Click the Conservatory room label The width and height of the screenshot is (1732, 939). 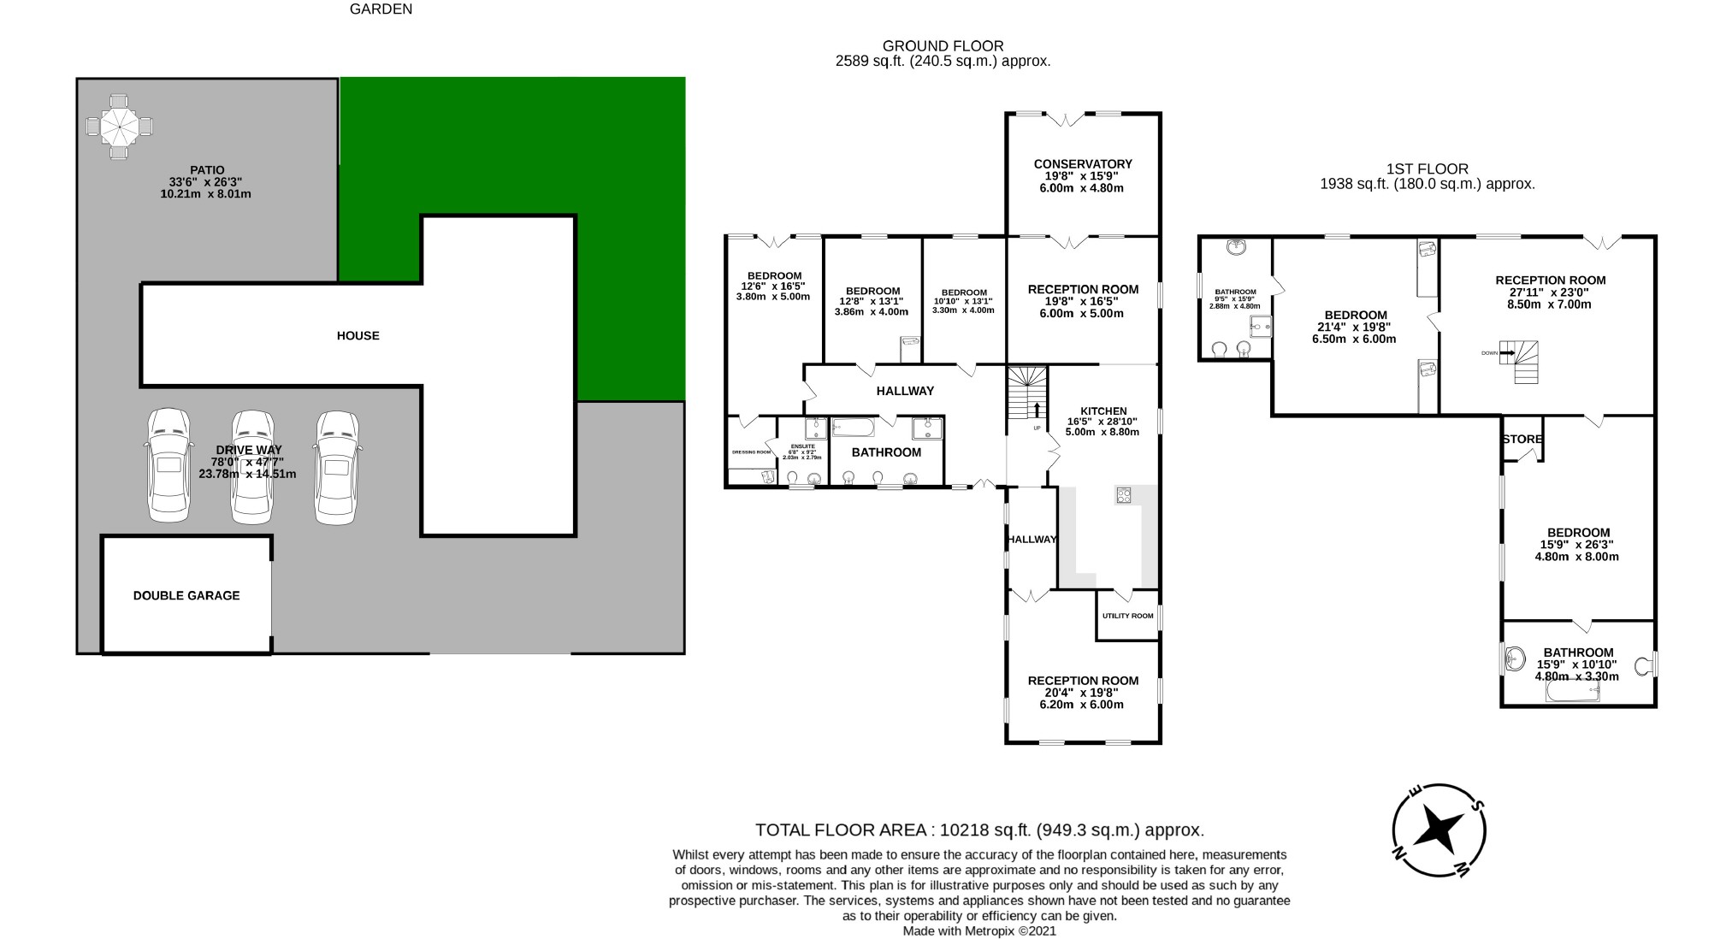pos(1082,164)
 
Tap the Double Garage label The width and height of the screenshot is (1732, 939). pos(186,596)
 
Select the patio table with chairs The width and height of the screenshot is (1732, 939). pos(120,127)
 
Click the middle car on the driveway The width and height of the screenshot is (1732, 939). pos(253,466)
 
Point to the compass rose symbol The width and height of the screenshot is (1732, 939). pos(1439,830)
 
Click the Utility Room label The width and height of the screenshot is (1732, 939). pos(1127,616)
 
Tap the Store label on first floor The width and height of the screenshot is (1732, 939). pos(1522,440)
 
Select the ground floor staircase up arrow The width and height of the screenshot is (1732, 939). pos(1037,410)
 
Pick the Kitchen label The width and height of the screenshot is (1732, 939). pos(1103,411)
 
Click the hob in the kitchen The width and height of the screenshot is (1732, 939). pos(1124,495)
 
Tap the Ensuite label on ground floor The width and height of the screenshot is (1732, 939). pos(803,446)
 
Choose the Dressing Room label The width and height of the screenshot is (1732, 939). pos(751,452)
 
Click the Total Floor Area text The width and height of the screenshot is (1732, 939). pos(979,830)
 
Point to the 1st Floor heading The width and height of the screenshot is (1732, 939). pos(1427,169)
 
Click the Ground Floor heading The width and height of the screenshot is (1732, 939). pos(943,46)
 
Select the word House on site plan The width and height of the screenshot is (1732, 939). pos(358,336)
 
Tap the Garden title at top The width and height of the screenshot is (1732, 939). pos(381,9)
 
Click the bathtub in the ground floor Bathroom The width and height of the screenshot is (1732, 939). pos(853,427)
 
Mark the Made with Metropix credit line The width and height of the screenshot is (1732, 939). pos(979,931)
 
